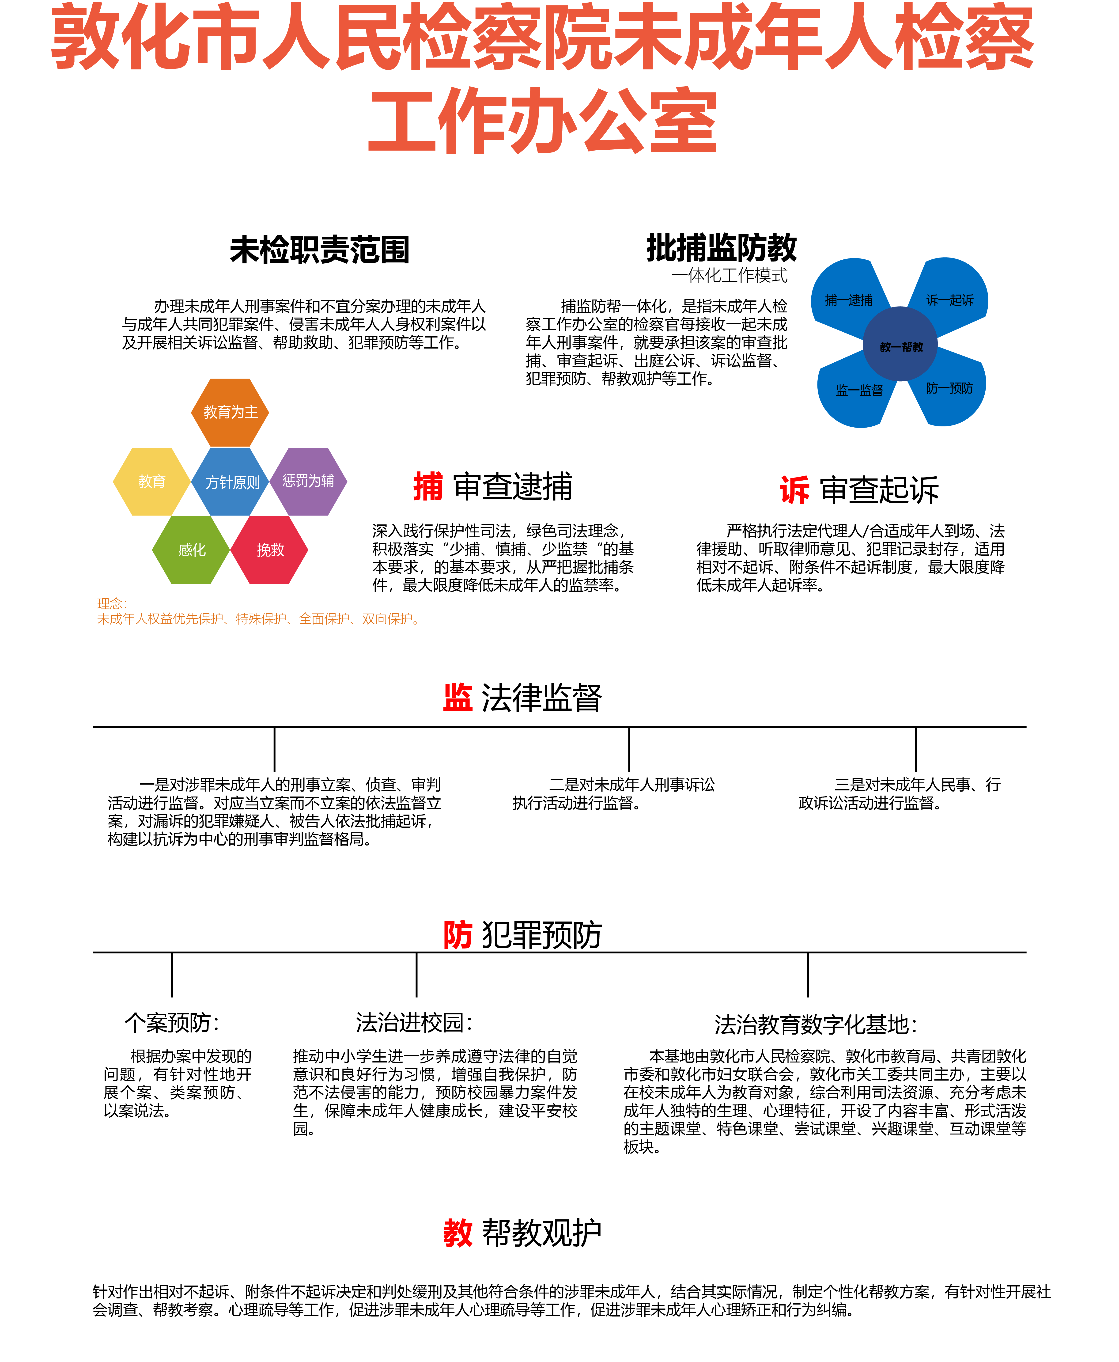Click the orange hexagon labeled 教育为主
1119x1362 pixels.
230,413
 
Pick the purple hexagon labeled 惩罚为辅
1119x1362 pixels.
309,482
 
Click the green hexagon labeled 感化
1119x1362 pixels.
191,550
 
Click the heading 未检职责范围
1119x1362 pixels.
320,250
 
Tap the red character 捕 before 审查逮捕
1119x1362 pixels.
428,487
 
